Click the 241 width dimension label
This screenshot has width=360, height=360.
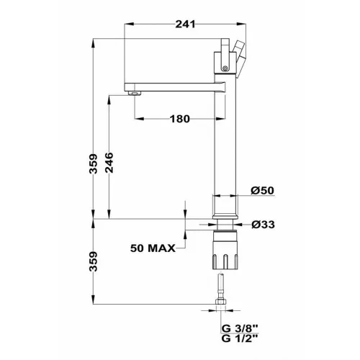point(185,24)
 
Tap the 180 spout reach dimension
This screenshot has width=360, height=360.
point(180,119)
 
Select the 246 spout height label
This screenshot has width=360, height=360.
point(109,163)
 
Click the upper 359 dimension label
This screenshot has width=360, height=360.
point(93,163)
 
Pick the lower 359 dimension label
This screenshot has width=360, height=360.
point(93,261)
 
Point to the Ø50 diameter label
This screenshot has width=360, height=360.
point(262,191)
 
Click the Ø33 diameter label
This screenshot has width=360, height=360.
point(263,225)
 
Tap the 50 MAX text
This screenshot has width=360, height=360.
point(153,248)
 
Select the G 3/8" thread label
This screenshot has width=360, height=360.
point(240,328)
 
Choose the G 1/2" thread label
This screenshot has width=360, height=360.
point(240,338)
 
